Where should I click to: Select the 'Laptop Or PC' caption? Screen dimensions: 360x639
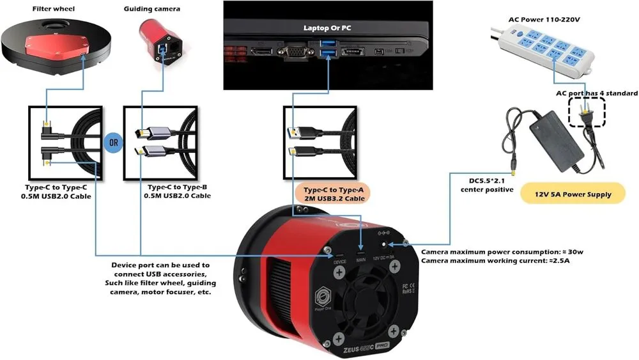[328, 28]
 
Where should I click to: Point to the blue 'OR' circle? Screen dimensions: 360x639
[113, 142]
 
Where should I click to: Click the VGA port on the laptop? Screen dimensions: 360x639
[293, 52]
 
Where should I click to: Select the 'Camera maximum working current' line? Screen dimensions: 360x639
[496, 260]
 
